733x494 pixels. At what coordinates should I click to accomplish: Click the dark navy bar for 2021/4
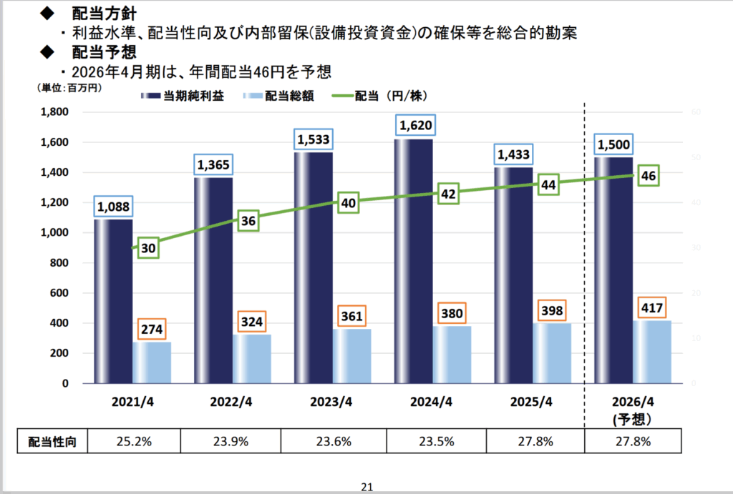point(113,300)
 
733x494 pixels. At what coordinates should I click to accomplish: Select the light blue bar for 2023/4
point(351,356)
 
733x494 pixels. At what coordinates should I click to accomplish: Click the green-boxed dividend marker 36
point(248,222)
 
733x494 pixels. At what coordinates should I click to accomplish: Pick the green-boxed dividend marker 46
point(649,175)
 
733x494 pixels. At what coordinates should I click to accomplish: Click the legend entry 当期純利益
point(183,96)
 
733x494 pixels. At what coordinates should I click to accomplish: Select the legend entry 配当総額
point(284,96)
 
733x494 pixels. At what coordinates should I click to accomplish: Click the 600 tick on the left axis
point(59,293)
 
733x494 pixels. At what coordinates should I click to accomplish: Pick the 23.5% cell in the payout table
point(435,441)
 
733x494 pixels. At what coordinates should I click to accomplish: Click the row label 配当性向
point(52,441)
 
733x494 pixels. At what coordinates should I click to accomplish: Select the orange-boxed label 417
point(652,310)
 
